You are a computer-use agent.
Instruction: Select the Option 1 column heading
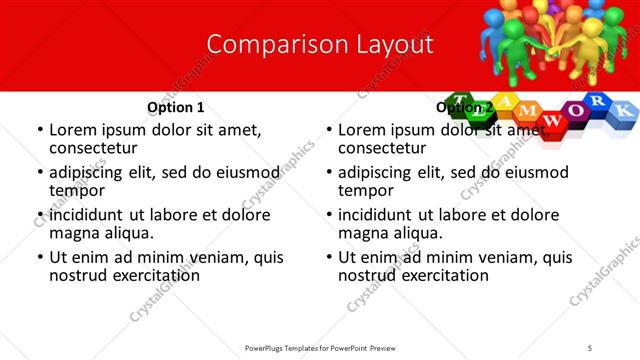(175, 107)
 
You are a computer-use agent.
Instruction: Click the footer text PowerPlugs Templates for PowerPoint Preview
(320, 347)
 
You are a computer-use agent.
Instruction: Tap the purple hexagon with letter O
(573, 109)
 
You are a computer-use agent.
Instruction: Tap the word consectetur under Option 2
(383, 148)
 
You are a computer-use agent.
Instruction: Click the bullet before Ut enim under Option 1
(39, 257)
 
